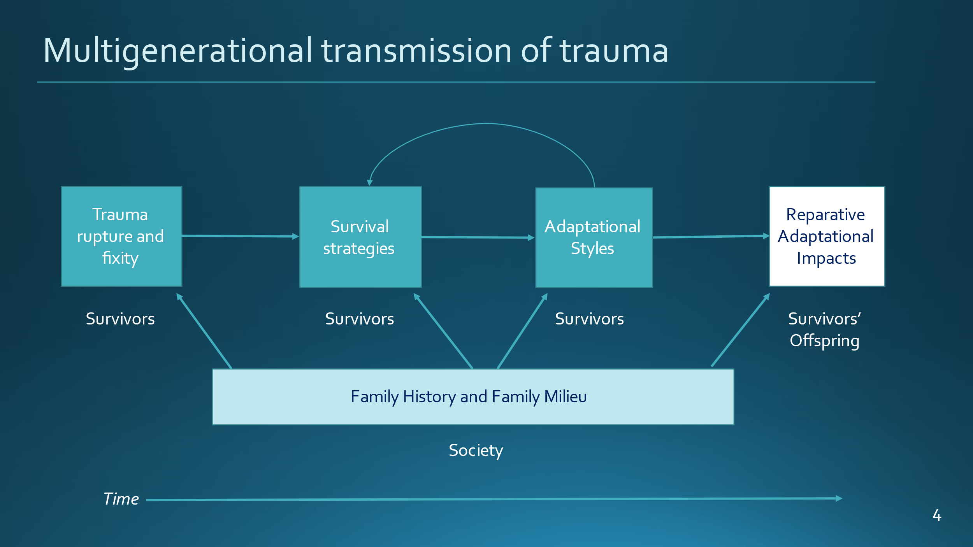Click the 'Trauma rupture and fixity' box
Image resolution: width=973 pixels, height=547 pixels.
(x=121, y=237)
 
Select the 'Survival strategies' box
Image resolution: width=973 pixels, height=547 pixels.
(x=360, y=237)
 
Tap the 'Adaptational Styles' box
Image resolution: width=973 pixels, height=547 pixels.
(x=594, y=238)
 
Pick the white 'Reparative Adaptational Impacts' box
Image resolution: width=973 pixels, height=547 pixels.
(x=827, y=237)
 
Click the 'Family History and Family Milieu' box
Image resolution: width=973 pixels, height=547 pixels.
(x=473, y=397)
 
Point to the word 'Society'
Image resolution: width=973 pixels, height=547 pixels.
(x=476, y=451)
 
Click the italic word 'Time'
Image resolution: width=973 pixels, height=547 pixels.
(x=121, y=499)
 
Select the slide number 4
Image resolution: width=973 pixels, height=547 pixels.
(x=937, y=515)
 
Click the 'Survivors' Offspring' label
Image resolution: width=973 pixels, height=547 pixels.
(x=825, y=330)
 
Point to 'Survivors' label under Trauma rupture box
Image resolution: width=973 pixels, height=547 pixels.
(x=120, y=319)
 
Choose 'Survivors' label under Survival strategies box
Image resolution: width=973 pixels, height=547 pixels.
(x=360, y=319)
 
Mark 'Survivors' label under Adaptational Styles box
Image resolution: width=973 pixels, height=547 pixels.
(x=589, y=319)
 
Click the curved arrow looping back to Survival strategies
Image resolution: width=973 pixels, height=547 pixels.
(x=486, y=124)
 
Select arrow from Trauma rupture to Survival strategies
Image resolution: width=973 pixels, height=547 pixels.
(x=240, y=236)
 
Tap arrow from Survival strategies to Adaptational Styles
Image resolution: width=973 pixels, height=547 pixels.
(x=478, y=237)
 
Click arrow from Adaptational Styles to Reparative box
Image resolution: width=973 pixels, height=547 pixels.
(x=711, y=237)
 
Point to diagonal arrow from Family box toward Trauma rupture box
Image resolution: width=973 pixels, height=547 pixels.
(x=204, y=331)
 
